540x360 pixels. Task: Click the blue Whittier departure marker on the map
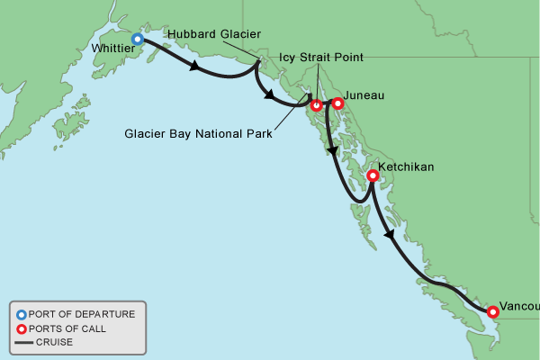tap(138, 39)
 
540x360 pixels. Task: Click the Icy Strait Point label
tap(320, 58)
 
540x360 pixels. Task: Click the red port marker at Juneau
tap(337, 103)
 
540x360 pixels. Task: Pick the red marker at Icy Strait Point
tap(316, 105)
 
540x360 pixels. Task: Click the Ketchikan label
tap(408, 167)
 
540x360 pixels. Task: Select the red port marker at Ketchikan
tap(372, 176)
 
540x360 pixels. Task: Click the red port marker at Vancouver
tap(492, 312)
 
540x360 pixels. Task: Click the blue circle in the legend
tap(21, 314)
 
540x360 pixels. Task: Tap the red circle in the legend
tap(21, 328)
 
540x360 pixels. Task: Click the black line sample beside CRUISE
tap(21, 342)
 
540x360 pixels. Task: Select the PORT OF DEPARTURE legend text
tap(82, 314)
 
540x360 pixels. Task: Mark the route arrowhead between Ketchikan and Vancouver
tap(389, 235)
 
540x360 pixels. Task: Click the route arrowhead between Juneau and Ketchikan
tap(333, 152)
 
